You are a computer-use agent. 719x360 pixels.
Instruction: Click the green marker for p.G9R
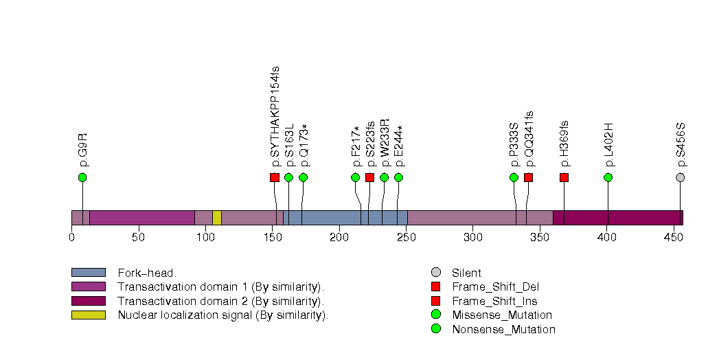coord(82,177)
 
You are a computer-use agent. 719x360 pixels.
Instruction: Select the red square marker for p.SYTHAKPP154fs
coord(275,177)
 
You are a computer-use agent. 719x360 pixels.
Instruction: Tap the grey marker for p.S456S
coord(681,177)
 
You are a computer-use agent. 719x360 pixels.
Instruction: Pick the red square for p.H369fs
coord(564,177)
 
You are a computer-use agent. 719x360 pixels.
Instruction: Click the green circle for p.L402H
coord(608,177)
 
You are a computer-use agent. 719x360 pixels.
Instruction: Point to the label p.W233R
coord(385,142)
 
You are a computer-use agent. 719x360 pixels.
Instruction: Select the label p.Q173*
coord(304,145)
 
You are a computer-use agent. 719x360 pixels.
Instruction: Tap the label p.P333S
coord(514,144)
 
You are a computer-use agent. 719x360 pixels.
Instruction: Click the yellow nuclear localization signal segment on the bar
coord(216,218)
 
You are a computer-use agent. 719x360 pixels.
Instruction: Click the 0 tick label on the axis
coord(71,238)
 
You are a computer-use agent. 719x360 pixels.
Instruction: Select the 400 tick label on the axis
coord(606,238)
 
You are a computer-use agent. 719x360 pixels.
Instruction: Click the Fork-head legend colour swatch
coord(88,273)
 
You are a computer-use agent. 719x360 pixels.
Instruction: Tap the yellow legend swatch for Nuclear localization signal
coord(88,315)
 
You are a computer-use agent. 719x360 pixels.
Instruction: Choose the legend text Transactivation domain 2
coord(220,301)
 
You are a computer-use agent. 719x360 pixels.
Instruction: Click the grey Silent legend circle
coord(435,273)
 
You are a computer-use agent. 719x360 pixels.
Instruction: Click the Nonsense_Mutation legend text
coord(503,329)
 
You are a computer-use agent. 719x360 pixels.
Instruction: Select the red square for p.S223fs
coord(369,177)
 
